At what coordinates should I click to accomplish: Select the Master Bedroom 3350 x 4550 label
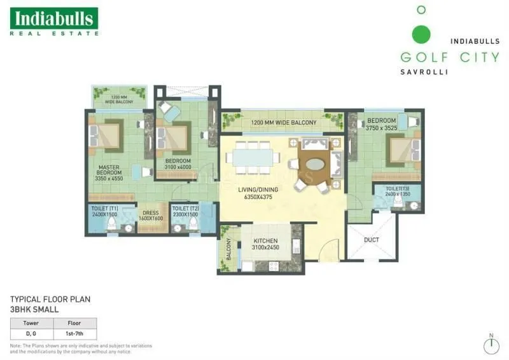(109, 176)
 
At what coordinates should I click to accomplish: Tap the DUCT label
(372, 240)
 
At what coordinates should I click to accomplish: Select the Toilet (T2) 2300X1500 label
(185, 212)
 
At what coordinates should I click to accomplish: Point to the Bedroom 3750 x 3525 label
(381, 123)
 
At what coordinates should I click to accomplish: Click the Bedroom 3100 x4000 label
(178, 164)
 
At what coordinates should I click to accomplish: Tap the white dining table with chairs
(253, 156)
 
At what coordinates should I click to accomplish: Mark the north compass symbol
(491, 344)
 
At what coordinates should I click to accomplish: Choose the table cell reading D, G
(31, 333)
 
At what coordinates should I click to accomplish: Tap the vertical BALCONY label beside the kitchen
(228, 250)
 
